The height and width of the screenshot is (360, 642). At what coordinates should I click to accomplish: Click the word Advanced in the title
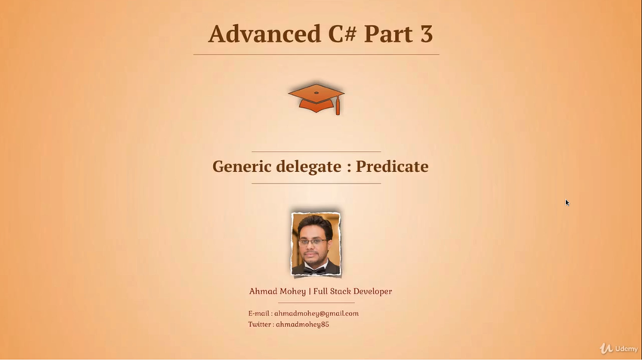(264, 33)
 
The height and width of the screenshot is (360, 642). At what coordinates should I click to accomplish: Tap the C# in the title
(342, 33)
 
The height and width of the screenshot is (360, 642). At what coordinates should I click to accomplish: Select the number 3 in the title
(426, 33)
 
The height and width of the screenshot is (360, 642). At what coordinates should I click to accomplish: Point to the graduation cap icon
(316, 99)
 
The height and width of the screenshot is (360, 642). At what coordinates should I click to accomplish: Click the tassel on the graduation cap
(338, 106)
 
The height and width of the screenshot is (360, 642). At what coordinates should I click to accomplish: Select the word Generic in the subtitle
(242, 166)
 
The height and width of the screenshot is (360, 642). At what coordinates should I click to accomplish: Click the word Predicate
(392, 166)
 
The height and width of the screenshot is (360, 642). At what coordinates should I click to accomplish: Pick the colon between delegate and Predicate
(348, 168)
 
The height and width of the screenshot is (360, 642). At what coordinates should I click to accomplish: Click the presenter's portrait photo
(316, 244)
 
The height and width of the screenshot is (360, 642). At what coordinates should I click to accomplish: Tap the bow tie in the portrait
(315, 270)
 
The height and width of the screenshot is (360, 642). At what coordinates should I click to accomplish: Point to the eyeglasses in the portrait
(313, 242)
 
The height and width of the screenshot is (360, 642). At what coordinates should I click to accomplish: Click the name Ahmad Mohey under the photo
(277, 291)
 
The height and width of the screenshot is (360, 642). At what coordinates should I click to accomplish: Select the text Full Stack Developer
(353, 291)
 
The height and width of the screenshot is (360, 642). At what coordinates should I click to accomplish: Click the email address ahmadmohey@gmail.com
(316, 313)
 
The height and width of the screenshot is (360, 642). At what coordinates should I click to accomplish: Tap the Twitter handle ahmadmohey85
(302, 325)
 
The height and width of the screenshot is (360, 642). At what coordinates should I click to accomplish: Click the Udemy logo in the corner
(619, 349)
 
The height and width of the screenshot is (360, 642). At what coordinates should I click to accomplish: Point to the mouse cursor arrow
(567, 202)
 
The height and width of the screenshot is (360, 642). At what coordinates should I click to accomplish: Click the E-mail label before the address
(259, 313)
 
